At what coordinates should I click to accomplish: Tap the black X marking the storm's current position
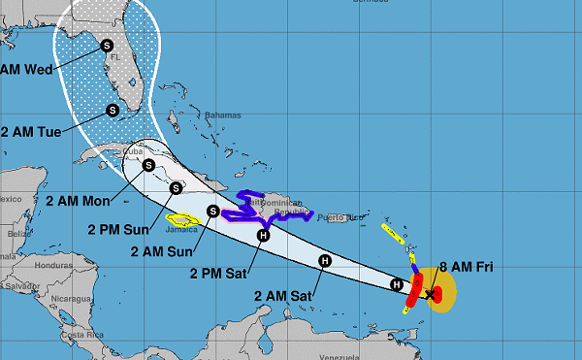click(x=430, y=293)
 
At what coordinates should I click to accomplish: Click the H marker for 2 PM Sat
click(x=263, y=234)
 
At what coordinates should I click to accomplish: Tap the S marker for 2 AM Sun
click(x=212, y=210)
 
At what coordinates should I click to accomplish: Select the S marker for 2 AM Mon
click(x=147, y=165)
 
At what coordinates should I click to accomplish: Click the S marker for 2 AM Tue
click(x=113, y=110)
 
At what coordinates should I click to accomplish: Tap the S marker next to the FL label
click(x=106, y=45)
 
